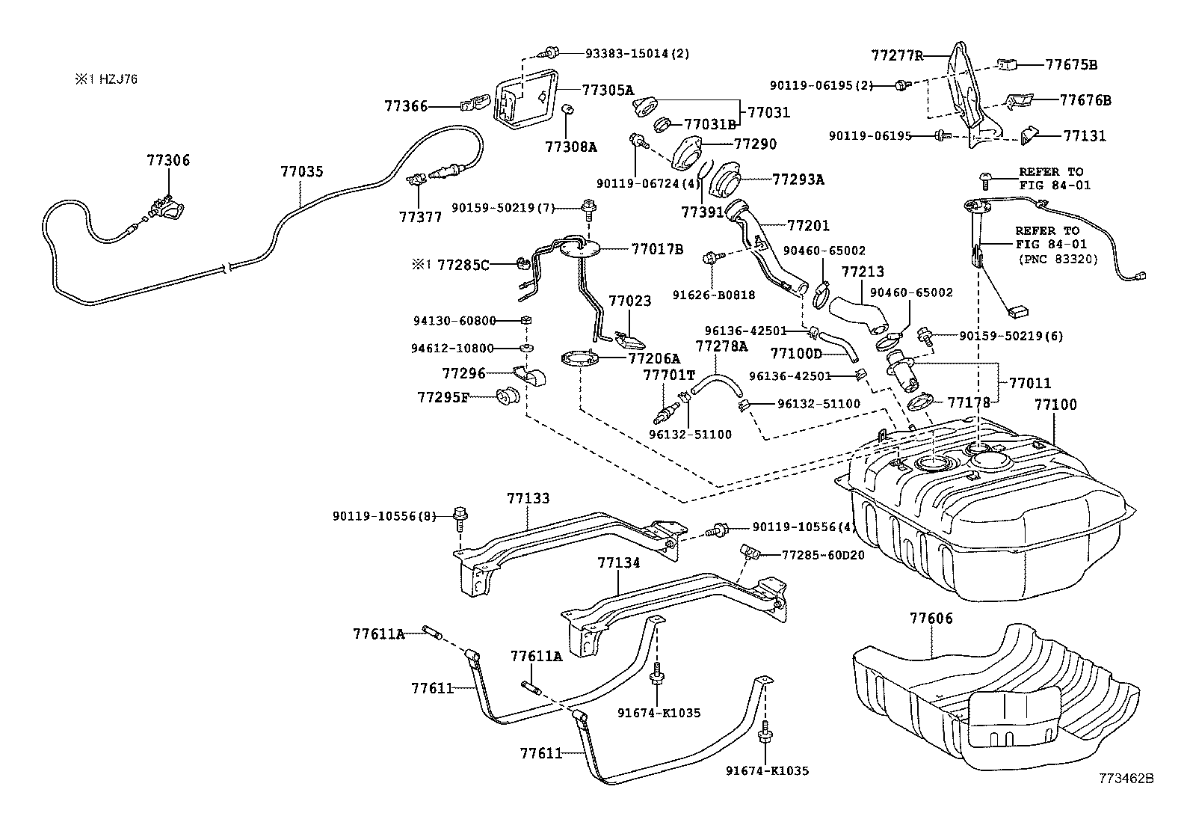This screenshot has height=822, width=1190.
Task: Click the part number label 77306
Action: [x=168, y=160]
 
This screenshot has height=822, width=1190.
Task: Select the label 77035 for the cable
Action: [x=302, y=171]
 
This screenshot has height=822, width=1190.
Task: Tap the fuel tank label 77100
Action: [x=1055, y=405]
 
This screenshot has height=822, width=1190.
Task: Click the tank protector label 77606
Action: [x=931, y=619]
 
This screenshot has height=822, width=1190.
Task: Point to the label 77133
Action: [x=528, y=498]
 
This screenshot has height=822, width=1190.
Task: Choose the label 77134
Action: [x=618, y=562]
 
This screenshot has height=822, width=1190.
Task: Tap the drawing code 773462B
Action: [x=1126, y=779]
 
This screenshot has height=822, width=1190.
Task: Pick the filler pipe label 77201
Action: [x=808, y=225]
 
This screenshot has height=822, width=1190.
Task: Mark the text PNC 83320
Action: [x=1058, y=260]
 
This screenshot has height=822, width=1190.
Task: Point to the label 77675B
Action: [x=1070, y=65]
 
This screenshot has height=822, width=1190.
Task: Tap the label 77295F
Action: [x=443, y=397]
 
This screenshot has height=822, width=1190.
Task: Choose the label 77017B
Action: [x=657, y=249]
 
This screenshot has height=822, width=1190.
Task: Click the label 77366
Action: [x=407, y=106]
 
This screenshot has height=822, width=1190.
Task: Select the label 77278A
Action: [x=721, y=346]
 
